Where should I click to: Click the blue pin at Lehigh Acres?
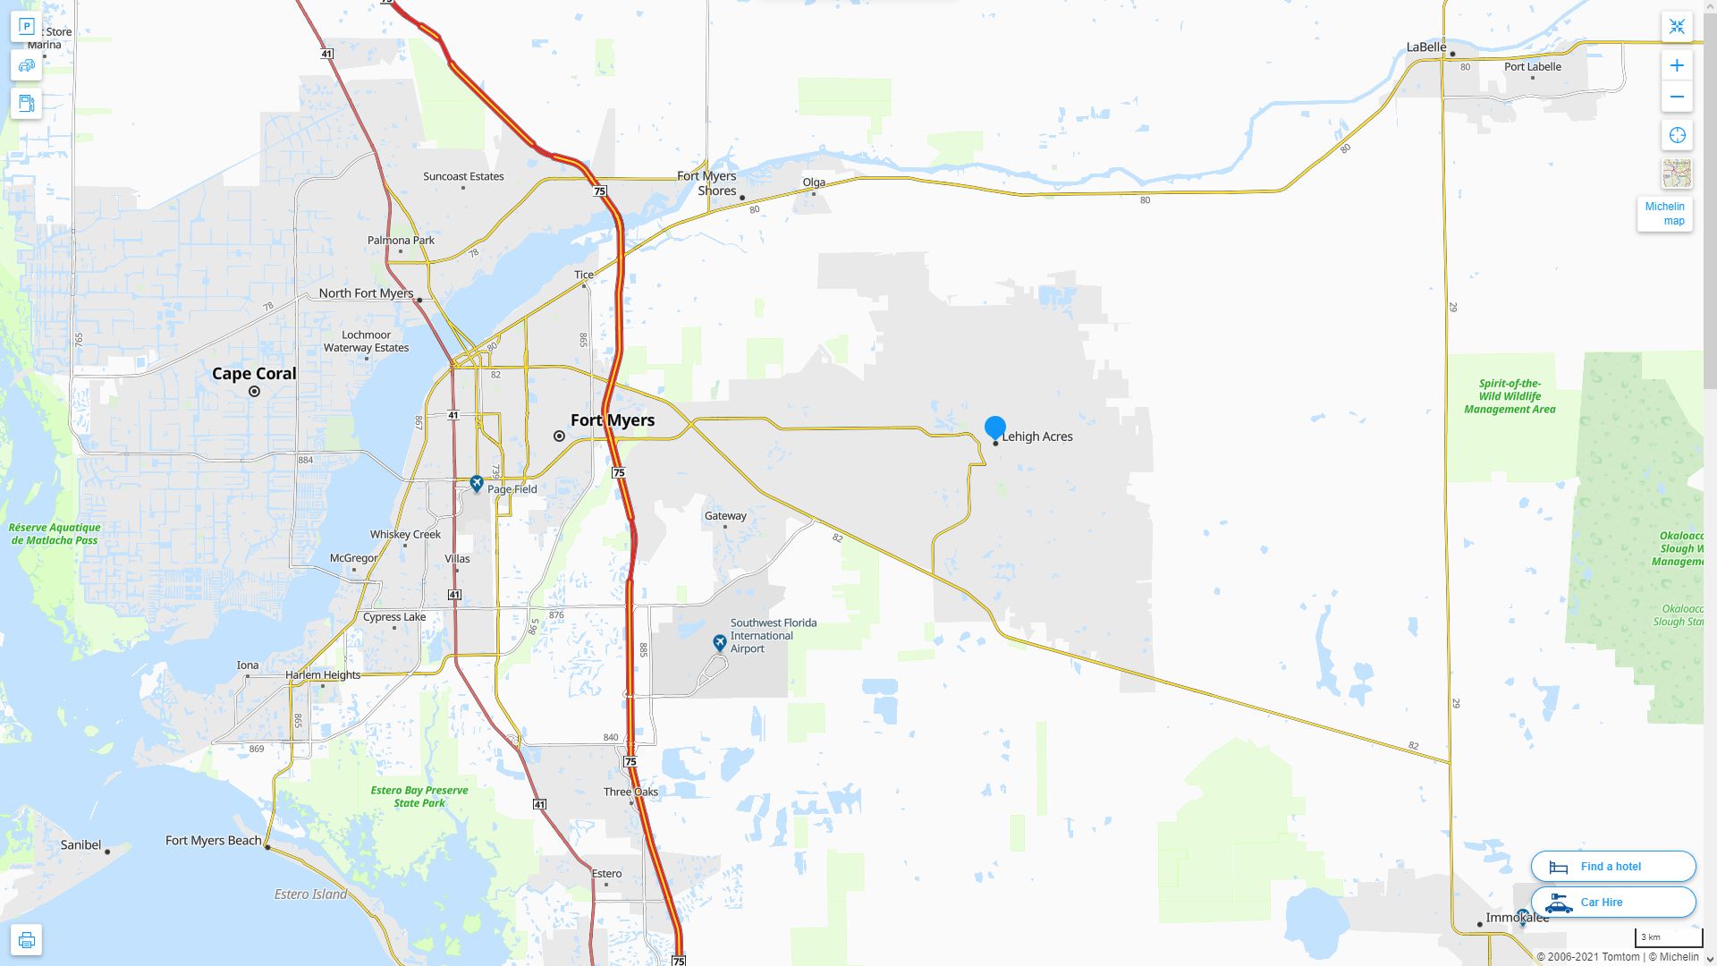pos(994,428)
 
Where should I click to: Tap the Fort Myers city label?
pos(613,420)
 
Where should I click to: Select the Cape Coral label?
pos(254,374)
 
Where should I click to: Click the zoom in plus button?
pos(1677,65)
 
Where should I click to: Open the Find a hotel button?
pos(1612,866)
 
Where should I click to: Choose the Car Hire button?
pos(1612,902)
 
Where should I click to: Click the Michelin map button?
pos(1664,214)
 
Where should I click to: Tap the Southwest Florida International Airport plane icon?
pos(720,642)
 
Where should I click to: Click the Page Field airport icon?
pos(477,484)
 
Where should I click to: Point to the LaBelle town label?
pos(1425,47)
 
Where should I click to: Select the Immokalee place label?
pos(1517,918)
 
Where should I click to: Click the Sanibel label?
pos(80,844)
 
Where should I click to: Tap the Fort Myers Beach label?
pos(214,841)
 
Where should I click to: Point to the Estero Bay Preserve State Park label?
pos(419,796)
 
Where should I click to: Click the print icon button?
pos(26,940)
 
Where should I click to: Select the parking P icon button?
pos(26,27)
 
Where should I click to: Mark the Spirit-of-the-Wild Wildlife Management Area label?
pos(1510,396)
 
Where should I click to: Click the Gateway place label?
pos(725,516)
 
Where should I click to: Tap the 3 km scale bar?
pos(1668,937)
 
